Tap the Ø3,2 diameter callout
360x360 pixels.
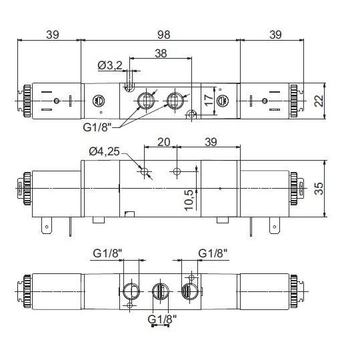click(x=109, y=65)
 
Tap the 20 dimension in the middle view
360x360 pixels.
click(x=162, y=143)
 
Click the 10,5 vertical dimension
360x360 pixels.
click(x=189, y=198)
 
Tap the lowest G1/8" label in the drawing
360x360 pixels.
click(x=161, y=317)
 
